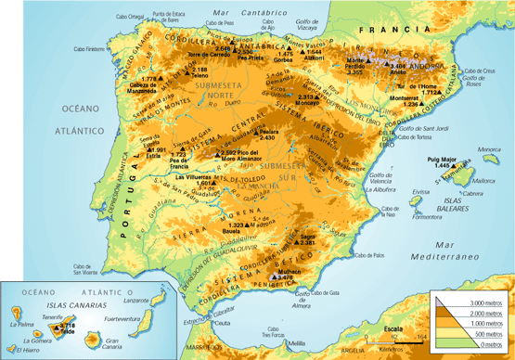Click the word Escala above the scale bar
tap(393, 328)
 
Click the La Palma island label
tap(21, 325)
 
